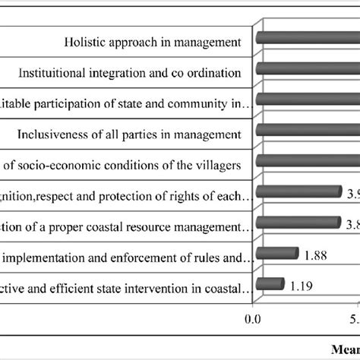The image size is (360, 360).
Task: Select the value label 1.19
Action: point(301,286)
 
